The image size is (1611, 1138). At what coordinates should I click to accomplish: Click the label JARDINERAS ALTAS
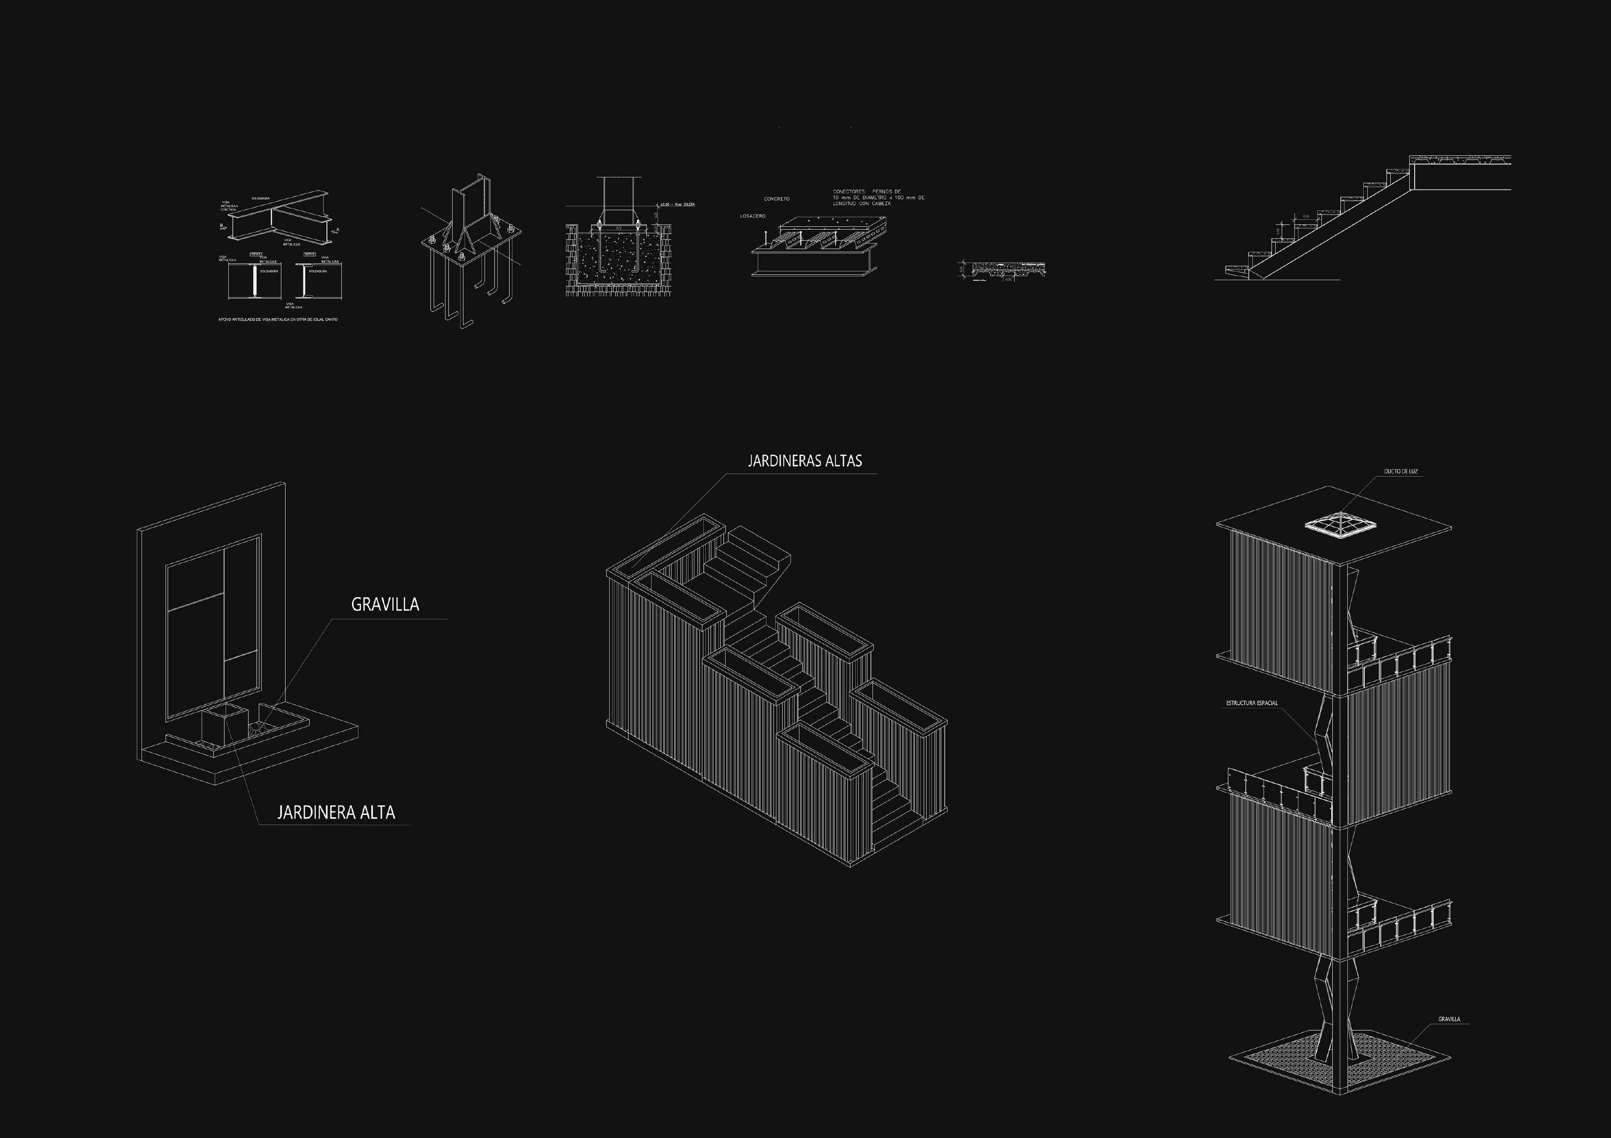coord(804,461)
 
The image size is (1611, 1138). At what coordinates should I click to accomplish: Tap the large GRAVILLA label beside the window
coord(384,605)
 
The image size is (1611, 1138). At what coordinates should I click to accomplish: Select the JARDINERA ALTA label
coord(336,813)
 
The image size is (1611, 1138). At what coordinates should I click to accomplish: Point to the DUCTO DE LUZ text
coord(1401,472)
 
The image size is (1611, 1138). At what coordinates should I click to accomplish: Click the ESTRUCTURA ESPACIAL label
coord(1252,703)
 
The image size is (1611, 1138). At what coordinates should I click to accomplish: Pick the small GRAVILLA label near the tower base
coord(1449,1039)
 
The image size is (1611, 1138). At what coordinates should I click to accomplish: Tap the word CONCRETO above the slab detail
coord(777,199)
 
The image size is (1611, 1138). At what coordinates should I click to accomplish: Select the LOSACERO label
coord(752,216)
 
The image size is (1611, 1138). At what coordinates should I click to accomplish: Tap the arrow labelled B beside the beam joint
coord(222,227)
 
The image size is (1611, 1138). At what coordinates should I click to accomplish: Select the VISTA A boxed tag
coord(255,254)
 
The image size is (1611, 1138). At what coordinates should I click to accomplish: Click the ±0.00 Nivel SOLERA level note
coord(676,205)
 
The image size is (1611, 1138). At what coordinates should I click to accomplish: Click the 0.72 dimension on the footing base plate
coord(619,228)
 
